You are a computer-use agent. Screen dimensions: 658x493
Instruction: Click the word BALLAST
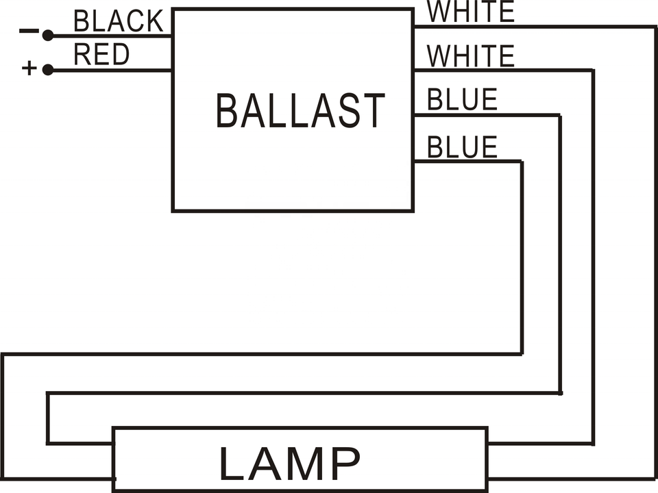point(300,111)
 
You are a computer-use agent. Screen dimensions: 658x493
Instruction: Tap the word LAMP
point(289,465)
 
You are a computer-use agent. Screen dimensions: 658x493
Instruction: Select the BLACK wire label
point(118,21)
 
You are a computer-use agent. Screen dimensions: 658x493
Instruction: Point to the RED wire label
point(101,55)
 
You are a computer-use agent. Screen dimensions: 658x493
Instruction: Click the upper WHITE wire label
point(470,12)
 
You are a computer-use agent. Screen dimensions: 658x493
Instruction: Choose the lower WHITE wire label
point(470,56)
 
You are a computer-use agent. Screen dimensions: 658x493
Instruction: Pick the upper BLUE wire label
point(462,100)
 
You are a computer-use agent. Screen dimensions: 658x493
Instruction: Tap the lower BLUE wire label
point(462,147)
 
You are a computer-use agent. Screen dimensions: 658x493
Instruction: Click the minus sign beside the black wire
point(28,31)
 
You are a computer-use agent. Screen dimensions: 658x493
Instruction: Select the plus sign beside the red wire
point(29,68)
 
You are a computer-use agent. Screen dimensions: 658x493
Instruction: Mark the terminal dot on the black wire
point(48,35)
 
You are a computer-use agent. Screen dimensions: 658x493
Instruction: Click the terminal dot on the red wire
point(48,69)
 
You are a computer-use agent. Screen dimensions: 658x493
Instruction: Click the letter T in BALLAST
point(373,111)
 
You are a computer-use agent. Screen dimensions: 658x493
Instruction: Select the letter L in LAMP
point(232,465)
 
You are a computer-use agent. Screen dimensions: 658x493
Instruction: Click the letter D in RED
point(120,55)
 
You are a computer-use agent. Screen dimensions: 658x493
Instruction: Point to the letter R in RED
point(82,55)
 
